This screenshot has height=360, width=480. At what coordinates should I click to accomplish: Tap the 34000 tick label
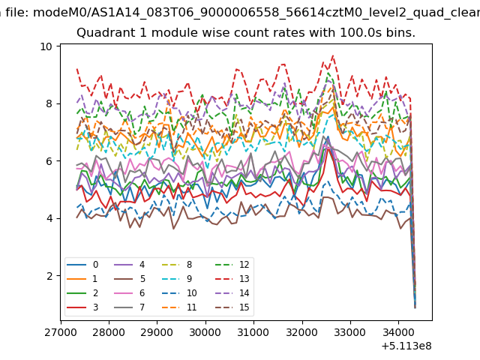[397, 331]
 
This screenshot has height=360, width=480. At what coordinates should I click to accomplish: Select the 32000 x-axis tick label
[301, 331]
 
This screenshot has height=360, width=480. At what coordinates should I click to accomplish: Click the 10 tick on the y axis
[46, 46]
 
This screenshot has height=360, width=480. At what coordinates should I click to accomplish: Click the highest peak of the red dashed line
[333, 55]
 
